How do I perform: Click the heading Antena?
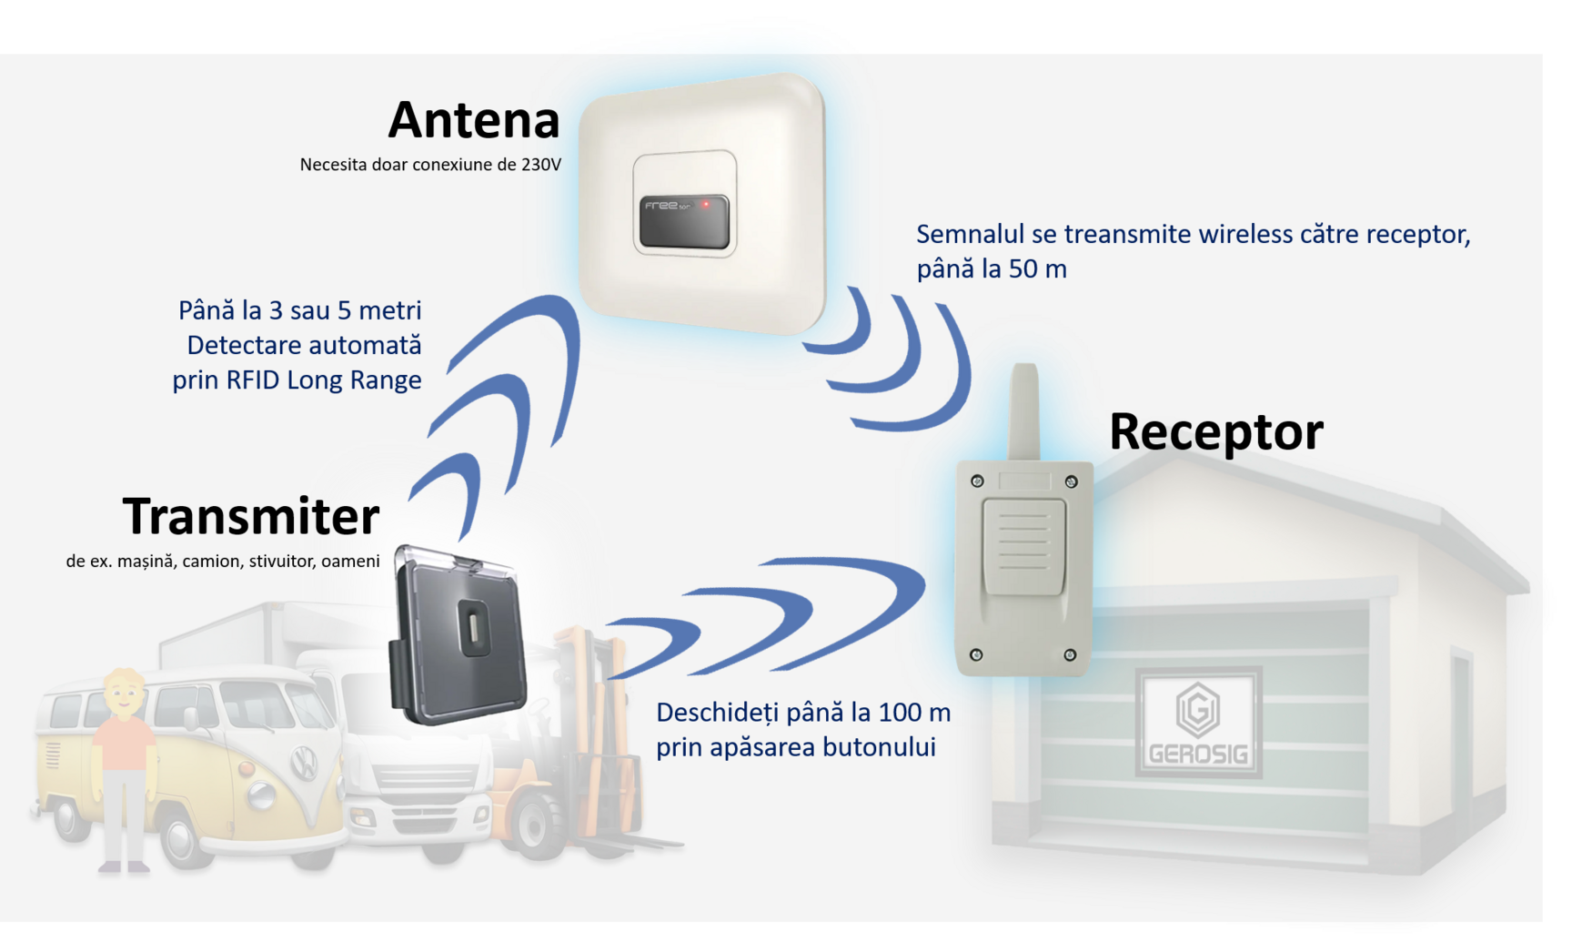tap(474, 120)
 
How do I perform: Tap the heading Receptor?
tap(1215, 431)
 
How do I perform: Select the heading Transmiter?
tap(250, 516)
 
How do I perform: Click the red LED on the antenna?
tap(705, 205)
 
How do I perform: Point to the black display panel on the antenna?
tap(683, 221)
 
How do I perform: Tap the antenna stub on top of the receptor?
tap(1024, 410)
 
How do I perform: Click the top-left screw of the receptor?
tap(977, 481)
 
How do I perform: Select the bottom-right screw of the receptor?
tap(1070, 654)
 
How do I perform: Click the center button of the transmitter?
tap(474, 628)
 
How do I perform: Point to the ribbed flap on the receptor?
tap(1023, 547)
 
